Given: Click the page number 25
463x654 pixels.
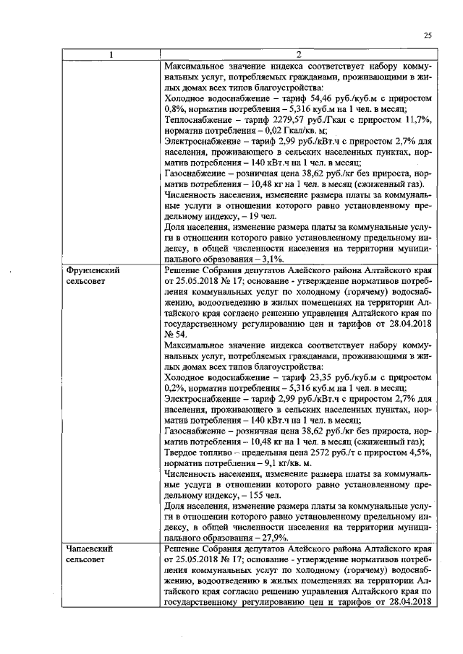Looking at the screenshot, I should click(x=428, y=35).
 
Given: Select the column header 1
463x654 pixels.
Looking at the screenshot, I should click(x=111, y=55).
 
